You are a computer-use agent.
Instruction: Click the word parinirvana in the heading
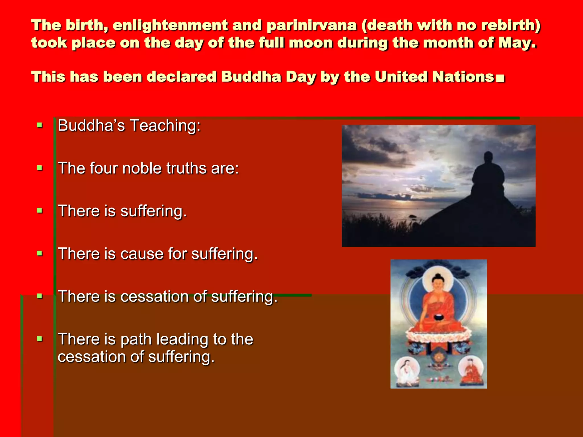[x=311, y=26]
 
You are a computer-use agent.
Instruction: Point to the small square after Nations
[x=500, y=78]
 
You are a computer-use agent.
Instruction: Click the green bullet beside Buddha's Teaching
[x=40, y=125]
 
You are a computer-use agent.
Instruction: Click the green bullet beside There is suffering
[x=40, y=211]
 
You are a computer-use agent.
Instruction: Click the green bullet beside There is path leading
[x=40, y=339]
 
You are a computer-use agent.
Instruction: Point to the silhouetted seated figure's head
[x=488, y=157]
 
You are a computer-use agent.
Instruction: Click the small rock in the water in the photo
[x=412, y=216]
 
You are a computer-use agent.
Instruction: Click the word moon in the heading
[x=310, y=43]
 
